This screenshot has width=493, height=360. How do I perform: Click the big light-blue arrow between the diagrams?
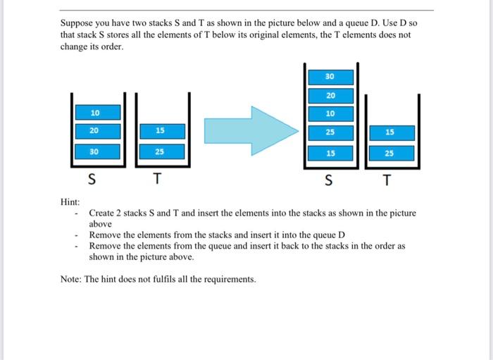(x=249, y=130)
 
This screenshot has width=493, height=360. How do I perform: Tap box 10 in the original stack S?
(x=95, y=113)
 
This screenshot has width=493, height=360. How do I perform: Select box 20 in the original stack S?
(x=95, y=131)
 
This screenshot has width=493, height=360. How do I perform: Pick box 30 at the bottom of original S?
(x=95, y=151)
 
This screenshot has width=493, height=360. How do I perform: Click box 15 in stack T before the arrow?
(x=161, y=131)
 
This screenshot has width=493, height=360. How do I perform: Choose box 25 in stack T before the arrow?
(x=161, y=151)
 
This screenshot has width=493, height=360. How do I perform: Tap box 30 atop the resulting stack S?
(x=330, y=76)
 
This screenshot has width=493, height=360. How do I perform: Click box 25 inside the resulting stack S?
(x=330, y=132)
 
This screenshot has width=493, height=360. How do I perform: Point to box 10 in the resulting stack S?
(x=330, y=113)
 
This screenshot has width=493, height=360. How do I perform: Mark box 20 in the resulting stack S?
(x=330, y=95)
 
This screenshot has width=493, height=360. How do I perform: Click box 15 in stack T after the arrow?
(x=390, y=132)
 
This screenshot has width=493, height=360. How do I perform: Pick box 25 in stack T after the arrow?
(x=390, y=153)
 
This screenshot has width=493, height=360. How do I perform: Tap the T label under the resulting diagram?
(x=385, y=182)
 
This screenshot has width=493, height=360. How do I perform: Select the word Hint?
(x=70, y=202)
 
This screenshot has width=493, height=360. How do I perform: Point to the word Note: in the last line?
(x=71, y=280)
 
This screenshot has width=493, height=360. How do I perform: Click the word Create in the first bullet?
(x=102, y=213)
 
